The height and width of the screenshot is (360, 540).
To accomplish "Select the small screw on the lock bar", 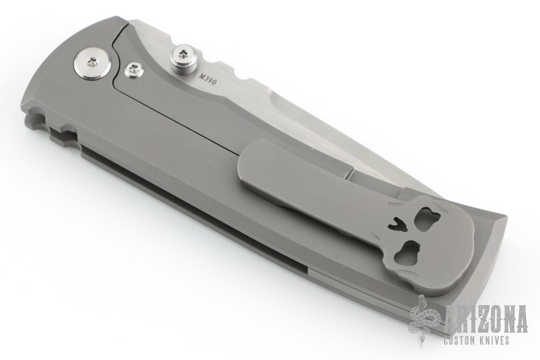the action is click(x=132, y=69).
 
